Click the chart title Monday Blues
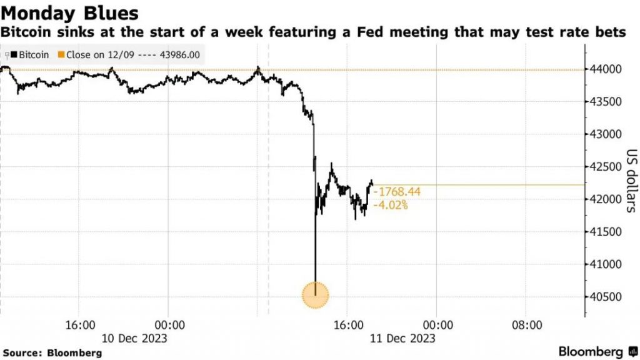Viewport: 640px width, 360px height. coord(69,13)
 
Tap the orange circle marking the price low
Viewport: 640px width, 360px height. coord(316,295)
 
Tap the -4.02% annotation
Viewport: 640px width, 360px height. coord(391,205)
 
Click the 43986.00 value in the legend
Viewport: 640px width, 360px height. coord(179,55)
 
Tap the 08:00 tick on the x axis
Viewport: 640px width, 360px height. coord(526,326)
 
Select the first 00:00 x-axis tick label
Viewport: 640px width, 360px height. coord(169,326)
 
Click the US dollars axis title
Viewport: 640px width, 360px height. coord(630,182)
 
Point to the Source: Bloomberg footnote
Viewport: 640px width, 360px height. coord(52,352)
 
